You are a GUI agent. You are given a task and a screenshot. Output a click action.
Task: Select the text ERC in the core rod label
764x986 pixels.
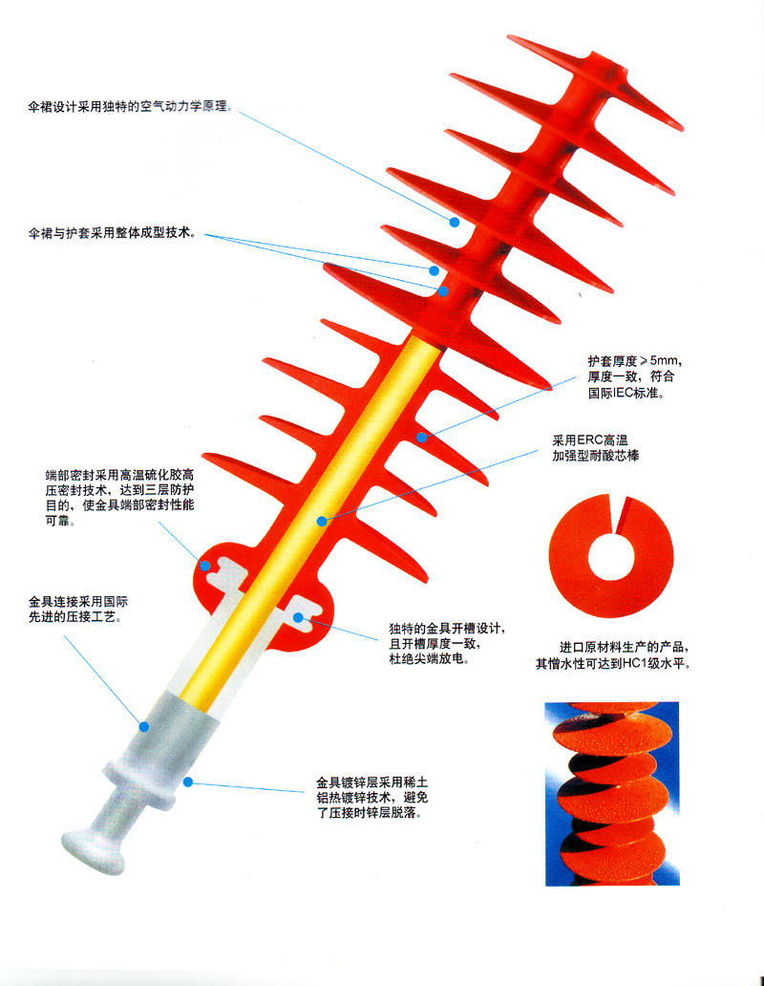click(x=590, y=440)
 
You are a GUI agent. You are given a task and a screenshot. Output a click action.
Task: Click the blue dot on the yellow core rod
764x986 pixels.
click(x=322, y=522)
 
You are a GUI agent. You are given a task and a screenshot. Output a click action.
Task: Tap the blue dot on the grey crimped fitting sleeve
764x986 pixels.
click(x=144, y=727)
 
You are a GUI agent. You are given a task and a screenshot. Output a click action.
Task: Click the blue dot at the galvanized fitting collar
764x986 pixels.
click(x=188, y=782)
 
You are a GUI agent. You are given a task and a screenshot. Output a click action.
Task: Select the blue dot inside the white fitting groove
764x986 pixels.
click(x=298, y=617)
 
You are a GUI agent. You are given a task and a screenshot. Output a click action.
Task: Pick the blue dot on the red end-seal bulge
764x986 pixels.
click(x=204, y=566)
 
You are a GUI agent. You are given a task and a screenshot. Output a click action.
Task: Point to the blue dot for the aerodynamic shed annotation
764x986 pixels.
click(x=455, y=222)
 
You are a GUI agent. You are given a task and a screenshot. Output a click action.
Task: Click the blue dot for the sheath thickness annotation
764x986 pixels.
click(x=422, y=437)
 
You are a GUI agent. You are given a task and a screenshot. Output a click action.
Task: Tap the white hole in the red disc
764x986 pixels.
click(x=610, y=556)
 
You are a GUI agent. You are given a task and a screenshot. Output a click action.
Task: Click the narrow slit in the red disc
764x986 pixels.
click(x=623, y=514)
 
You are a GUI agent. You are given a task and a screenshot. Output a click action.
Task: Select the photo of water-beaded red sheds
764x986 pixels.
click(x=612, y=794)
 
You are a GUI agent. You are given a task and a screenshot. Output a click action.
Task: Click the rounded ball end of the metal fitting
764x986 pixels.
click(x=94, y=852)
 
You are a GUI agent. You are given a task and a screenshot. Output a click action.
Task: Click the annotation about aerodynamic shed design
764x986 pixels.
click(x=130, y=106)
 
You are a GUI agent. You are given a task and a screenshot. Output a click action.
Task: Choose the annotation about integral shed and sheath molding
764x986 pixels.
click(x=112, y=233)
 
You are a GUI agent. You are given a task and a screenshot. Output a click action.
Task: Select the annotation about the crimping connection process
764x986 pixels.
click(x=78, y=610)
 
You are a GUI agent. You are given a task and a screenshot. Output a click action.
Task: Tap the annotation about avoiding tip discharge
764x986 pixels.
click(x=447, y=644)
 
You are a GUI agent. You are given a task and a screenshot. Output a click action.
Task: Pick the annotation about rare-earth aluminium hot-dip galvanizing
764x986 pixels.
click(x=371, y=798)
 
